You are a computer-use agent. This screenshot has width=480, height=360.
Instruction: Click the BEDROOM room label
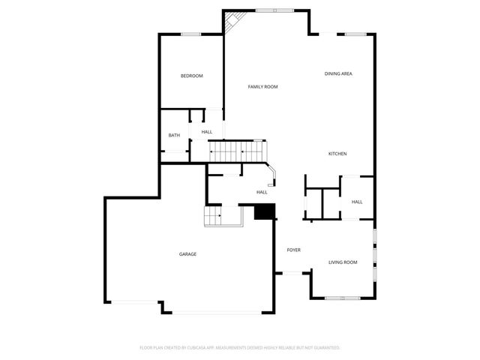191,76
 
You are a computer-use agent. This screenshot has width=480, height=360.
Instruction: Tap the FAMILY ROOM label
262,87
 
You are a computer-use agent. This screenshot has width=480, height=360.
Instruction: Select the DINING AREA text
338,73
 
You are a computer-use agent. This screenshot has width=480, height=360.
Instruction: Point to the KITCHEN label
337,154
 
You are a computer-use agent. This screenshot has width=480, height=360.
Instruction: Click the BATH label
174,136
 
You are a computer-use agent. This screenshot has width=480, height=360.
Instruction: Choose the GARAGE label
187,254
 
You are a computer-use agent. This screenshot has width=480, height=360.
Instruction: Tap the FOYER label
293,250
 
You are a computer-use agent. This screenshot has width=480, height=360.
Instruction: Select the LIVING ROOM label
343,262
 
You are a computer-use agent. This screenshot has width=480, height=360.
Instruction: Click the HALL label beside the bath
206,132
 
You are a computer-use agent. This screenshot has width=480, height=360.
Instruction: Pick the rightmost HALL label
357,202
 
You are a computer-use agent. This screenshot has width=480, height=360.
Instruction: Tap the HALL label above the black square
262,192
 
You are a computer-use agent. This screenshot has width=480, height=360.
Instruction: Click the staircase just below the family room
236,151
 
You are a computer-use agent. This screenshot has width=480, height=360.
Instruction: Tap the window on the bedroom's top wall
190,34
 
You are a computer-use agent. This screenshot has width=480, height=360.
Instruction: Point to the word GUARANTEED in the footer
323,348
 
